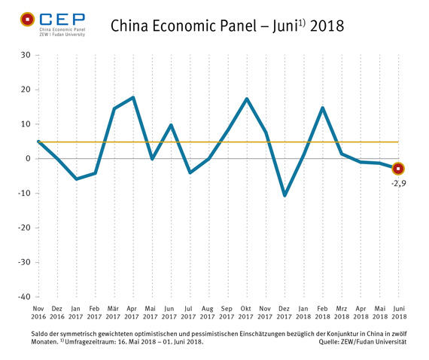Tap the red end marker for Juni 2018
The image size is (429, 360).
[x=399, y=169]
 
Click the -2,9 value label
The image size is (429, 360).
[x=400, y=183]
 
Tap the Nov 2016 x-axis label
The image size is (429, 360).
[x=38, y=313]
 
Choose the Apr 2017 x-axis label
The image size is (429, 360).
[x=133, y=313]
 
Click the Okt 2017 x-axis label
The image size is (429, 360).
[x=247, y=313]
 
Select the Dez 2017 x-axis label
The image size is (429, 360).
[x=284, y=313]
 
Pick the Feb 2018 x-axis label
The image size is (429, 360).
[x=323, y=313]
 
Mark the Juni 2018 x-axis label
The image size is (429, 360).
[x=399, y=313]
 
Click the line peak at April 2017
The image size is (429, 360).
[x=133, y=97]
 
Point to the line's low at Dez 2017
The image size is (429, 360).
[x=284, y=196]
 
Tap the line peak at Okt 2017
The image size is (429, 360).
[x=247, y=99]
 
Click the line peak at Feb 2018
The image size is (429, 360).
[x=323, y=108]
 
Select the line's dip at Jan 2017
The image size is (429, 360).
[x=76, y=179]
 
